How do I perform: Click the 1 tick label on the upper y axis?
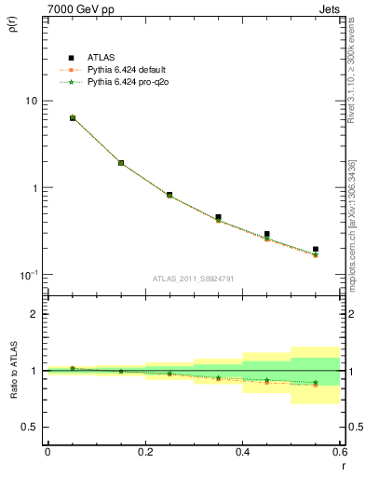click(34, 188)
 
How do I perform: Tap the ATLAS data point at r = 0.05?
click(73, 118)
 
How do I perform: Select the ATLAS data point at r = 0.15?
click(121, 163)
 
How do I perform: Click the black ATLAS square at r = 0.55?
click(316, 250)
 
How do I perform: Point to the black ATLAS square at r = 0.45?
click(267, 235)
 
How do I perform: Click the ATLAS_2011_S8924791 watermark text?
click(193, 279)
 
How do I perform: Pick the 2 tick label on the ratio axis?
click(34, 314)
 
